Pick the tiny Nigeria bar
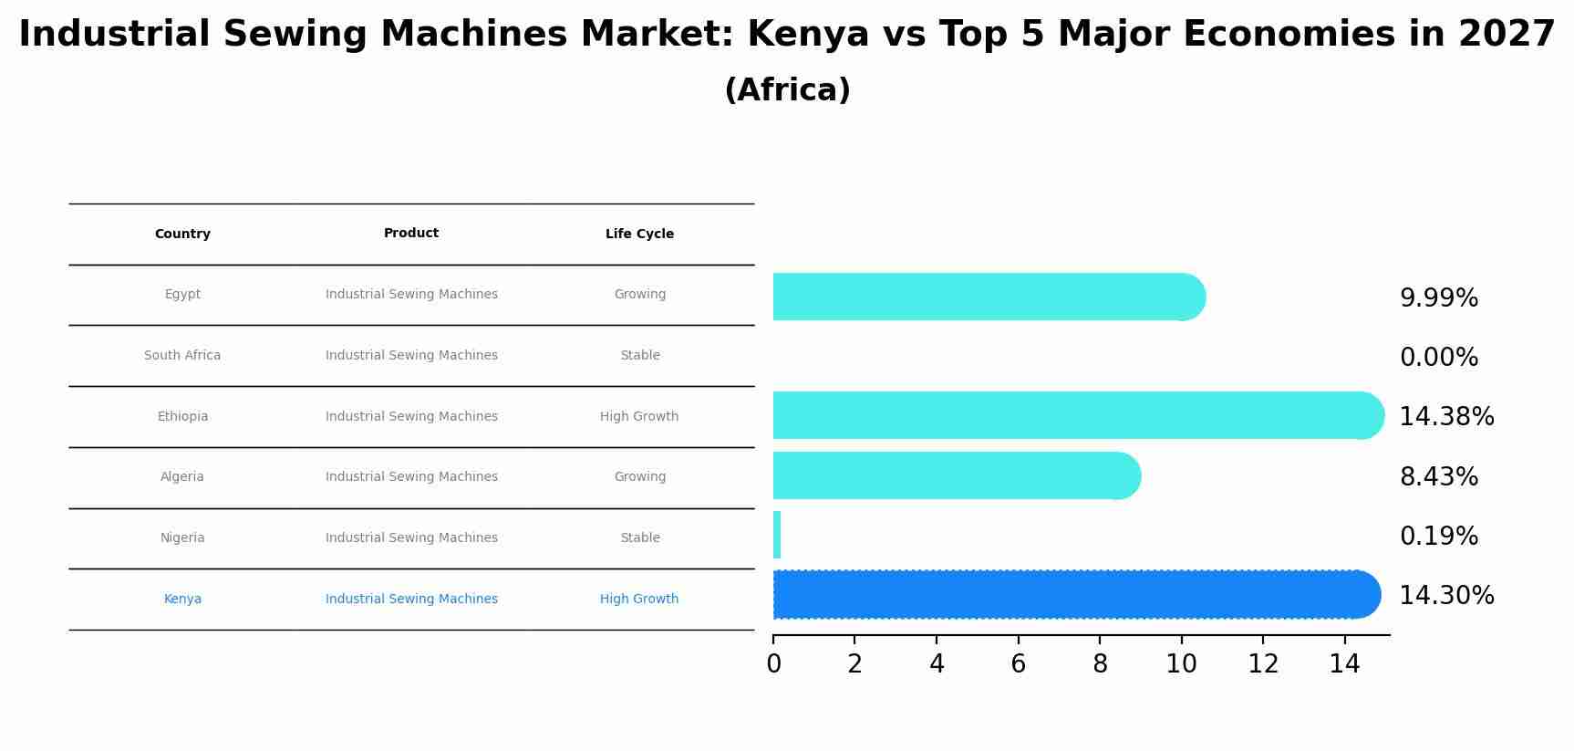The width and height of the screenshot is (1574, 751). coord(777,535)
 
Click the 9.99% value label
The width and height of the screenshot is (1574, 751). coord(1438,298)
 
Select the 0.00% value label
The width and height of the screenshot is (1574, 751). coord(1438,358)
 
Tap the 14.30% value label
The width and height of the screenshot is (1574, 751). coord(1446,596)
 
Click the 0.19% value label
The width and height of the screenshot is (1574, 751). coord(1438,537)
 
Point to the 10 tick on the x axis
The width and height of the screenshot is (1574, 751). coord(1181,664)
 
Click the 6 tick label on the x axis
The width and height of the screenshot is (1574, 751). coord(1018,664)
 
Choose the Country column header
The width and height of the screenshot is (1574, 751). coord(182,235)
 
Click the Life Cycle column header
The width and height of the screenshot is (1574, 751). coord(639,235)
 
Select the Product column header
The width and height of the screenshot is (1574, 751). coord(411,234)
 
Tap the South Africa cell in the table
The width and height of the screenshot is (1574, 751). coord(182,356)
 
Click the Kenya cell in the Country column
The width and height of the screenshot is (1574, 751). coord(182,600)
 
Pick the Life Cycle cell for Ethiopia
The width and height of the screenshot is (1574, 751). coord(639,417)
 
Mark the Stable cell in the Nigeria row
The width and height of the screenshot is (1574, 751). coord(639,538)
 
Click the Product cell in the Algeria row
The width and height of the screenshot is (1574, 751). coord(411,477)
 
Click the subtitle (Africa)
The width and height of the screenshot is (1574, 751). coord(787,90)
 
